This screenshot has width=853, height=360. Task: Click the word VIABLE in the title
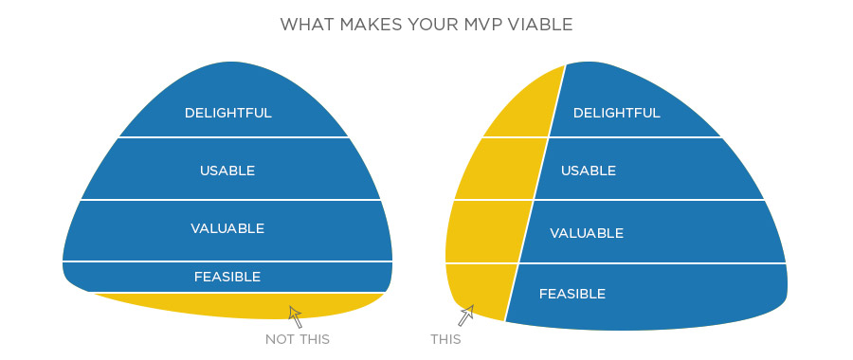point(540,24)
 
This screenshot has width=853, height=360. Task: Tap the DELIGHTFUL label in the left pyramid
point(227,113)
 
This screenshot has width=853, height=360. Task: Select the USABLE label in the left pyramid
point(227,171)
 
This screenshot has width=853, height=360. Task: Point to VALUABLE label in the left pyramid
point(227,228)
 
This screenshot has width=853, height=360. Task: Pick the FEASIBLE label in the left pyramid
point(227,277)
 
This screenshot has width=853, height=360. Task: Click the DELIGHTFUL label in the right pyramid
point(616,113)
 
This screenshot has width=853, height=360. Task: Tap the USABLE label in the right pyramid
point(589,171)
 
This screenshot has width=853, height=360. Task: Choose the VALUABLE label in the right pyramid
point(587,232)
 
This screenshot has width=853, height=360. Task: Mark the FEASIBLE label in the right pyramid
point(572,294)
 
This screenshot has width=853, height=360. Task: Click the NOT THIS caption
point(298,339)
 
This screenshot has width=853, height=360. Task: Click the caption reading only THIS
point(445,339)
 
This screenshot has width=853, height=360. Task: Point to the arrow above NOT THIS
point(296,316)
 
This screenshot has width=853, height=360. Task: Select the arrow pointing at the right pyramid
point(465,314)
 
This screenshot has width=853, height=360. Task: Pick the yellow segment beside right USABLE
point(498,169)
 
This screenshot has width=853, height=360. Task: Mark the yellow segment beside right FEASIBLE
point(479,289)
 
